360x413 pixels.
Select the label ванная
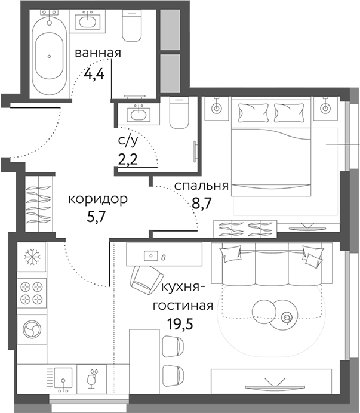tap(98, 53)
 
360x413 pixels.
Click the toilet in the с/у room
tap(179, 113)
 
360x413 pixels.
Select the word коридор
tap(97, 199)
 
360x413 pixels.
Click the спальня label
tap(201, 186)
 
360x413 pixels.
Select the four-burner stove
tap(32, 292)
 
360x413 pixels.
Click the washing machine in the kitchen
tap(31, 328)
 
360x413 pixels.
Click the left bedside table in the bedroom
tap(216, 108)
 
